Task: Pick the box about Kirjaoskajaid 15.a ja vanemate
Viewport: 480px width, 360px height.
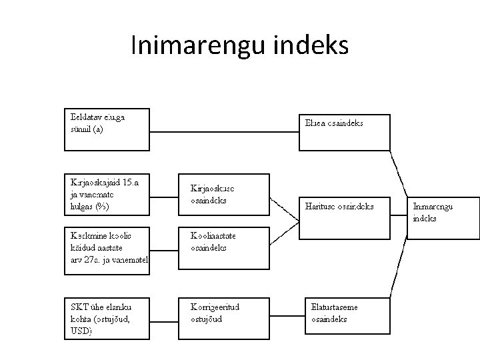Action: pos(107,194)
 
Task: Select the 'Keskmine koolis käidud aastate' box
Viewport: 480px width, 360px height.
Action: pos(107,250)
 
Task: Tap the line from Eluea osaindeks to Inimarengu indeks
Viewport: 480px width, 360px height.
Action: pos(398,170)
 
